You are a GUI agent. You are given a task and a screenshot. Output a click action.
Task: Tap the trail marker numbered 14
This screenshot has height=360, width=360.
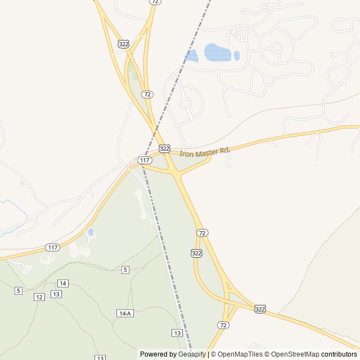63,283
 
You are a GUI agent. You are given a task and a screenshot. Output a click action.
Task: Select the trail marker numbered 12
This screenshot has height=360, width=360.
39,296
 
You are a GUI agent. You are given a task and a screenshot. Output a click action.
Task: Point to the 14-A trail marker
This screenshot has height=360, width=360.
125,313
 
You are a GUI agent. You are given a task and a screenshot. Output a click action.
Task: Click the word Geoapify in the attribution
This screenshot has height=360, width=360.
192,354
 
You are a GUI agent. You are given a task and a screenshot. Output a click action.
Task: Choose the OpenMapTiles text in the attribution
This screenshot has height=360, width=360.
240,354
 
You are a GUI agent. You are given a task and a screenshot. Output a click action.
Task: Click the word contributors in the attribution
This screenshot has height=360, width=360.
339,354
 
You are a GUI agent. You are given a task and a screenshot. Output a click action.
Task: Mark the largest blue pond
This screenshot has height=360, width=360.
218,53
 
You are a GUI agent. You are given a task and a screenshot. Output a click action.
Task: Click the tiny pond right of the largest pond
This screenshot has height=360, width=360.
237,56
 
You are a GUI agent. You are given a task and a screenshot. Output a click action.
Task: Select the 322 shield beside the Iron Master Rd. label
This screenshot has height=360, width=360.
164,148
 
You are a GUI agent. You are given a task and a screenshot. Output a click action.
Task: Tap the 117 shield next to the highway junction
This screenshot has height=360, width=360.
145,160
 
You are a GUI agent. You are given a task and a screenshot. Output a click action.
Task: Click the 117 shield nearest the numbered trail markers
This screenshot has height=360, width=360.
52,247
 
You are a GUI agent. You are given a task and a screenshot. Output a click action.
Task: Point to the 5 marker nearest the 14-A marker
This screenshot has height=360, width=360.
125,270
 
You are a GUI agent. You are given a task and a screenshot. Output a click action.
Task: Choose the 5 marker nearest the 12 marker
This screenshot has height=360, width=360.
19,290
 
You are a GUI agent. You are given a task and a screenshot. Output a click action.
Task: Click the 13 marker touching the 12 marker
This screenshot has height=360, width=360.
56,294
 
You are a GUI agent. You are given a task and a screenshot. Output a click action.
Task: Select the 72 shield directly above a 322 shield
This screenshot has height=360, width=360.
202,233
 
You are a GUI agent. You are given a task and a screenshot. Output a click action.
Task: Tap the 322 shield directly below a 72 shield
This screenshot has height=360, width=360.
196,253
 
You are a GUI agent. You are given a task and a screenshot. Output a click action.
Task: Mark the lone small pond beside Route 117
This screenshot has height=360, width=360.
91,232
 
